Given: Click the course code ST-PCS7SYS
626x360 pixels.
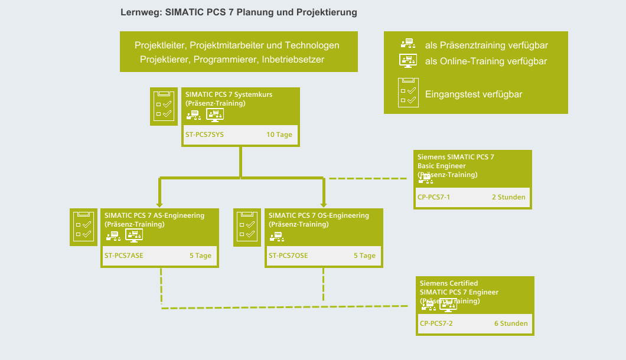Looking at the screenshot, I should pos(204,135).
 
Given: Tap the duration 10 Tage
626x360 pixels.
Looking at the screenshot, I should pos(279,135).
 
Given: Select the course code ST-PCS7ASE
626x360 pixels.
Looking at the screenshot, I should pos(123,256).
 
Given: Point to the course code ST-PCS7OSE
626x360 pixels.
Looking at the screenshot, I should pos(288,256).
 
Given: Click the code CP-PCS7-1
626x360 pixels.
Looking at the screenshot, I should pos(433,197).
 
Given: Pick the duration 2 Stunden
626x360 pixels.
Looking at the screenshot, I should pos(508,197).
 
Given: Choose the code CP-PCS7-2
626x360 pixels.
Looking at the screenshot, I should pos(436,323).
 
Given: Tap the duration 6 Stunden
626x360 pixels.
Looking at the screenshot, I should pos(511,323).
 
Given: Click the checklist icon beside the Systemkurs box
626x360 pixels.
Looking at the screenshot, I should pos(163,106).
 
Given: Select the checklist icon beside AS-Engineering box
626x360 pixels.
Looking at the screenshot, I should pos(81,227).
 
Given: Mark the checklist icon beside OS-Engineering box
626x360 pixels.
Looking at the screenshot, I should pos(246,227).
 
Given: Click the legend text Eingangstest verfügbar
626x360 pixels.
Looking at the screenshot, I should pos(474,94).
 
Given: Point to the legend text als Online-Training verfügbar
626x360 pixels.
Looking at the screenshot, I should pos(486,61).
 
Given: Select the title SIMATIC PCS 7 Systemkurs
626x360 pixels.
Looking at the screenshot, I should pos(229,94).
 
